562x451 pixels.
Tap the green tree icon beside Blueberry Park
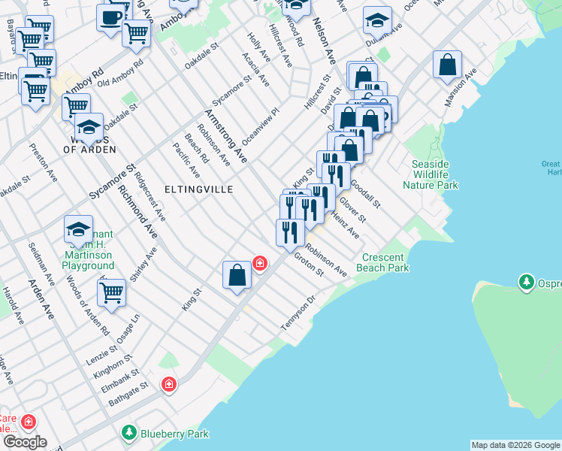point(130,434)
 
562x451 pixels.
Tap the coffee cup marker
point(110,17)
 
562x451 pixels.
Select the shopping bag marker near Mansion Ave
point(447,65)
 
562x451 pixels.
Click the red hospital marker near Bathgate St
point(169,385)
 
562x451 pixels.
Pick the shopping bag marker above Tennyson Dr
point(237,274)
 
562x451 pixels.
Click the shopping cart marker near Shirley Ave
point(111,292)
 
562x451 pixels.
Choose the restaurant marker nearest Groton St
point(290,231)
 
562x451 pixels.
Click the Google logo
point(25,442)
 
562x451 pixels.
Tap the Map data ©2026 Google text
point(515,445)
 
